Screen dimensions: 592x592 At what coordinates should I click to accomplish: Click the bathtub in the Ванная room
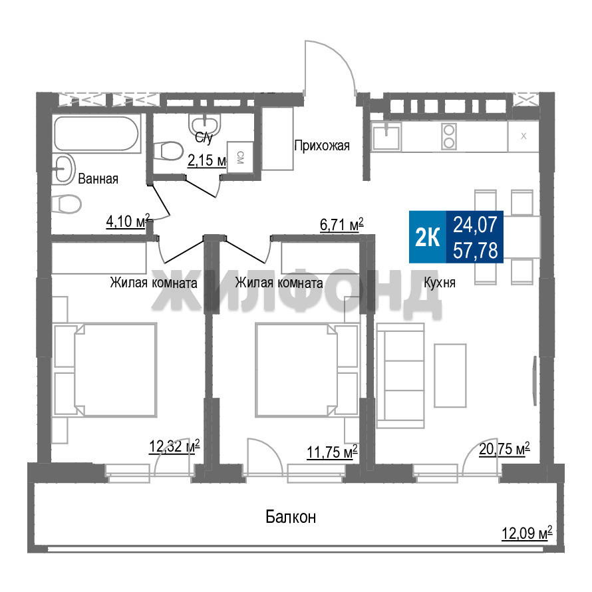pyautogui.click(x=96, y=133)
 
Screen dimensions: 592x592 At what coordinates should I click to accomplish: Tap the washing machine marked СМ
pyautogui.click(x=240, y=157)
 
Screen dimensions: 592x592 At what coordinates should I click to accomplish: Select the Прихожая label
pyautogui.click(x=322, y=146)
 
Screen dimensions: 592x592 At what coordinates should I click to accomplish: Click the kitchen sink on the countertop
pyautogui.click(x=386, y=136)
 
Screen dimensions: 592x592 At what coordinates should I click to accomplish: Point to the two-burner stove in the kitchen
pyautogui.click(x=449, y=136)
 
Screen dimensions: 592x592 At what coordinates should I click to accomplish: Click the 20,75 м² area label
pyautogui.click(x=504, y=449)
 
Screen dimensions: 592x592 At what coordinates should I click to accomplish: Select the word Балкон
pyautogui.click(x=291, y=516)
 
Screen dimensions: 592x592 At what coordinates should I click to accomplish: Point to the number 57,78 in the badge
pyautogui.click(x=476, y=250)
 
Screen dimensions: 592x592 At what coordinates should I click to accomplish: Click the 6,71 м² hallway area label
pyautogui.click(x=342, y=225)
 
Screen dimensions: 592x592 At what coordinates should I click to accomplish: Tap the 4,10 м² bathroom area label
pyautogui.click(x=128, y=222)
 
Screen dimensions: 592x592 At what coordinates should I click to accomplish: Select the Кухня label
pyautogui.click(x=440, y=283)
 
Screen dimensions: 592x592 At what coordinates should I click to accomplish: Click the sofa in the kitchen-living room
pyautogui.click(x=400, y=375)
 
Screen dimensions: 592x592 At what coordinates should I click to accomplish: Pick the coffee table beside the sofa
pyautogui.click(x=450, y=375)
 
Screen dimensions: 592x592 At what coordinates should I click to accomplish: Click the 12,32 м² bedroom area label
pyautogui.click(x=174, y=446)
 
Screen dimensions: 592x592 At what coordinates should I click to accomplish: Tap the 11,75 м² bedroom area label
pyautogui.click(x=332, y=452)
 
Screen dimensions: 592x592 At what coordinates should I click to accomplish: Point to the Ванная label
pyautogui.click(x=98, y=178)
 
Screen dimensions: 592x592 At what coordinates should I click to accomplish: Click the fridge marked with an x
pyautogui.click(x=523, y=136)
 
